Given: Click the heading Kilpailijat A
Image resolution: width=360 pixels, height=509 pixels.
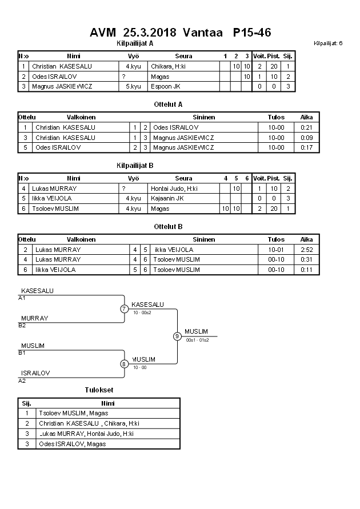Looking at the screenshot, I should (134, 43).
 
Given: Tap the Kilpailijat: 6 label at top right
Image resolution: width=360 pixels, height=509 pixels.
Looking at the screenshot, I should (328, 43).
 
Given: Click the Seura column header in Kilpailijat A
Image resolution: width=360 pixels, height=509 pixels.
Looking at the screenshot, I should (183, 56).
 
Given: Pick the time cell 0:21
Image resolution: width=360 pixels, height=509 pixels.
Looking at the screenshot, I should (307, 127).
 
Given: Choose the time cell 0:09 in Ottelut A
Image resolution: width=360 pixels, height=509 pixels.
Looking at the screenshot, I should (307, 137).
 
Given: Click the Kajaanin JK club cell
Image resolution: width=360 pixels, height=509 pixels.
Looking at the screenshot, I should (167, 198).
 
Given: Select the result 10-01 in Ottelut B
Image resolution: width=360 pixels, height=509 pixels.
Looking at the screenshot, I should (277, 250).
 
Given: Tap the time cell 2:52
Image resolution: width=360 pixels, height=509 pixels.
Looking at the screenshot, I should (307, 250).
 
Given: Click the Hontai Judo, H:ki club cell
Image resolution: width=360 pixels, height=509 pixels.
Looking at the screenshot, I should (174, 188).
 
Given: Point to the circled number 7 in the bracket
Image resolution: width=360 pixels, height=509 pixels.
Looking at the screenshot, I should (124, 309).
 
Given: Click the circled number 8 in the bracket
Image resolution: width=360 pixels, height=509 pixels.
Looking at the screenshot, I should (124, 363).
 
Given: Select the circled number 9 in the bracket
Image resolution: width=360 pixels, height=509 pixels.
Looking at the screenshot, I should (177, 336).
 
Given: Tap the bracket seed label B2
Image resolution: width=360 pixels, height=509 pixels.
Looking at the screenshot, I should (22, 325).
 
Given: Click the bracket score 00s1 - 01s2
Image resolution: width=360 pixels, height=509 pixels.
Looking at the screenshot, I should (197, 340).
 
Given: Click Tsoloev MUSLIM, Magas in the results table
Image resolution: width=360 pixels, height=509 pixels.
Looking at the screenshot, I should (73, 413).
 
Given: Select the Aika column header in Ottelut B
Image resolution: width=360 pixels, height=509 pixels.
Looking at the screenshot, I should (307, 239).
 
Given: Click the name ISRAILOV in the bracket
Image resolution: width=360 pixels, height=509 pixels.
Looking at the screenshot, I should (35, 373).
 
